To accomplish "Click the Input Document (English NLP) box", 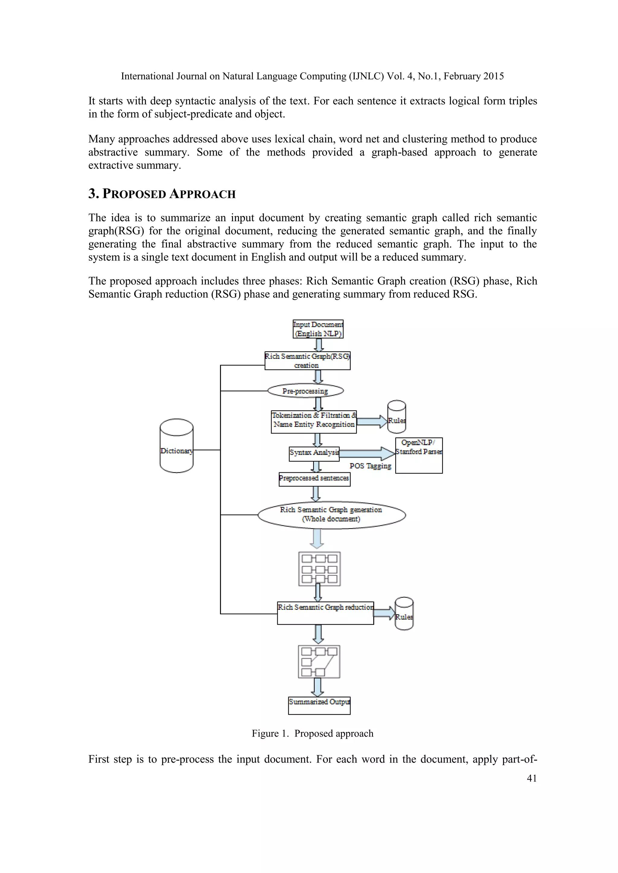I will tap(318, 329).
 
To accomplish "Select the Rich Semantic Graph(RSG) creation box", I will tap(307, 361).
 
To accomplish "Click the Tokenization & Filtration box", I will tap(314, 422).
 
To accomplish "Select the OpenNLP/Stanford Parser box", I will tap(419, 455).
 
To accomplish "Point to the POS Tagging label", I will tap(370, 466).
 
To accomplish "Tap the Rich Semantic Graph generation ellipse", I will tap(331, 515).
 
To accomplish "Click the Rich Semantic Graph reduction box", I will tap(325, 613).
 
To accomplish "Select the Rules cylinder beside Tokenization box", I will tap(396, 417).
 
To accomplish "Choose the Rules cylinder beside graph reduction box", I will tap(404, 614).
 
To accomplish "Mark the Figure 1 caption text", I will tap(312, 733).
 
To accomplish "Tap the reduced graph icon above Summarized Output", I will tap(319, 662).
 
